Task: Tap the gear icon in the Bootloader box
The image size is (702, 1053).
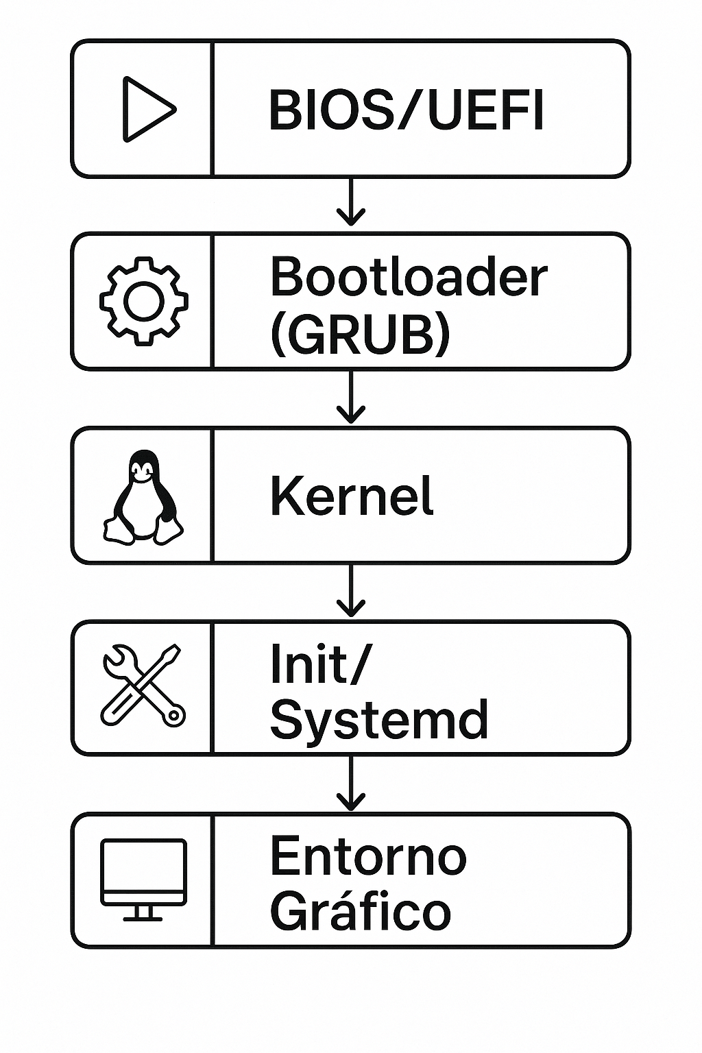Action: click(143, 301)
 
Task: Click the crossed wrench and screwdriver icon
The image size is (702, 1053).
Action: click(143, 686)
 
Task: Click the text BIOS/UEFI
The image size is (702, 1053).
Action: click(406, 110)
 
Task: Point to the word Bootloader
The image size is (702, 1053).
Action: click(409, 278)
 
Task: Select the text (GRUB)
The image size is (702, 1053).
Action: click(360, 335)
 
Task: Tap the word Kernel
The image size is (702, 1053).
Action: click(352, 496)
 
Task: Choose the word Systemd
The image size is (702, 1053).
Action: click(378, 719)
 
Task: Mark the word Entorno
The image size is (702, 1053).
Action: click(368, 856)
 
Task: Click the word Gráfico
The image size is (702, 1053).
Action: click(361, 911)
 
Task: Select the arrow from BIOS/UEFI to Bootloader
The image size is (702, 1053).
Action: click(350, 203)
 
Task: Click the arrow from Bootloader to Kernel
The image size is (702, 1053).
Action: click(350, 398)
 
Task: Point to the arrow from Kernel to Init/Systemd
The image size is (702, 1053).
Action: click(350, 591)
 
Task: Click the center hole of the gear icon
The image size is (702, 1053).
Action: click(143, 301)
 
